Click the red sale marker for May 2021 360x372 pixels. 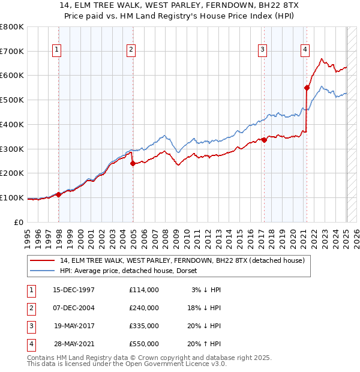[x=307, y=88]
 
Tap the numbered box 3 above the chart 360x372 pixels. [x=263, y=50]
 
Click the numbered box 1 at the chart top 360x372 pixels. [x=56, y=50]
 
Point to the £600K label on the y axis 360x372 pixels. [x=12, y=76]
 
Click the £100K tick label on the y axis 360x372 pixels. [x=12, y=197]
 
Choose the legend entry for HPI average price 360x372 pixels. [x=133, y=271]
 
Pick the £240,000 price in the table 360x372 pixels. [x=143, y=308]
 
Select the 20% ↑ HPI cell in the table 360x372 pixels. [x=204, y=344]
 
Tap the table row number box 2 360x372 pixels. [x=30, y=308]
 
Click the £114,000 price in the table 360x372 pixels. [x=143, y=290]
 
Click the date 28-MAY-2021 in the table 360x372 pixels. [x=74, y=344]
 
